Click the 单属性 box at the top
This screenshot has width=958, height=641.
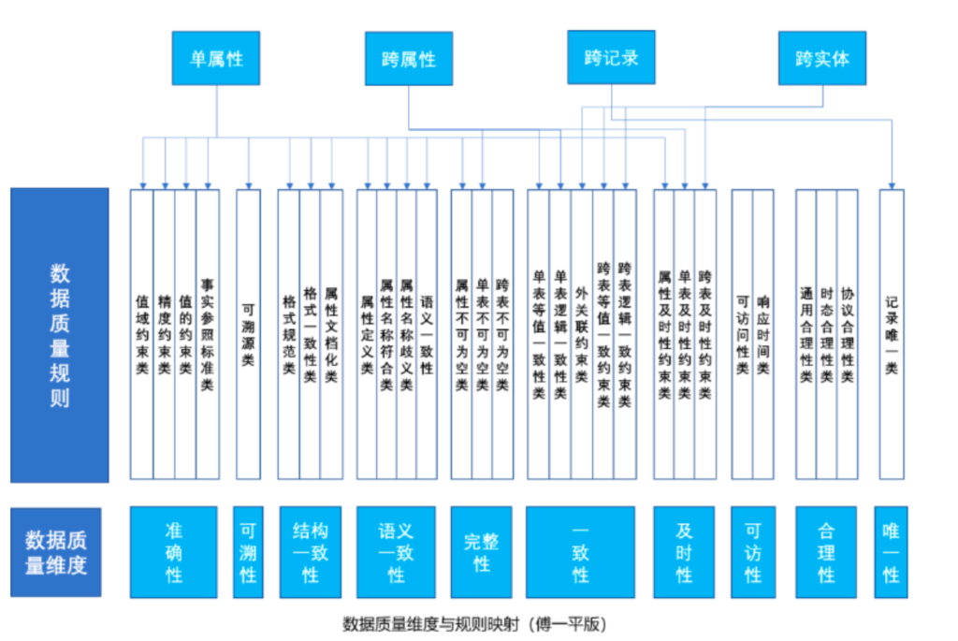pos(216,58)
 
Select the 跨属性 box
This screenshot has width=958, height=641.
pos(409,59)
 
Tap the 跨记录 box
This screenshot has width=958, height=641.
pos(611,57)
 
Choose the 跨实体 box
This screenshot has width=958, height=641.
pos(821,58)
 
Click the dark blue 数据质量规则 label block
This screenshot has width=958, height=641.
pos(60,335)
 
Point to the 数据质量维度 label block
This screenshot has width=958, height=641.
pos(55,552)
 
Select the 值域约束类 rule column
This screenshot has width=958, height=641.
pos(142,334)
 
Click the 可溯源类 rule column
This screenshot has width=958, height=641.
pos(248,334)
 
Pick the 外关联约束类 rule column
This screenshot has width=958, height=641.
pos(582,334)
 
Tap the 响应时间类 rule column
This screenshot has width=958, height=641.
pos(763,334)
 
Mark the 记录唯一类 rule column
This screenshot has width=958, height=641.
pos(892,334)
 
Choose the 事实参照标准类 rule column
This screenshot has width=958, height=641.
pos(208,334)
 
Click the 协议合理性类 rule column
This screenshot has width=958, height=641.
pos(847,334)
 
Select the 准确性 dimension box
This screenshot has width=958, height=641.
pos(173,552)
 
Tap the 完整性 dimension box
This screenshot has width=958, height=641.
pos(482,552)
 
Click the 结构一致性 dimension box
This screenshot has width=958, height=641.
pos(311,552)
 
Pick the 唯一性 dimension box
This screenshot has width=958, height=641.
pos(891,552)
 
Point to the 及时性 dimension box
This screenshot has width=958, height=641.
pos(684,552)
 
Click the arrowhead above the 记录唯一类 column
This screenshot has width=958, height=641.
pos(892,186)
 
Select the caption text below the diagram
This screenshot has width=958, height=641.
pos(474,624)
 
